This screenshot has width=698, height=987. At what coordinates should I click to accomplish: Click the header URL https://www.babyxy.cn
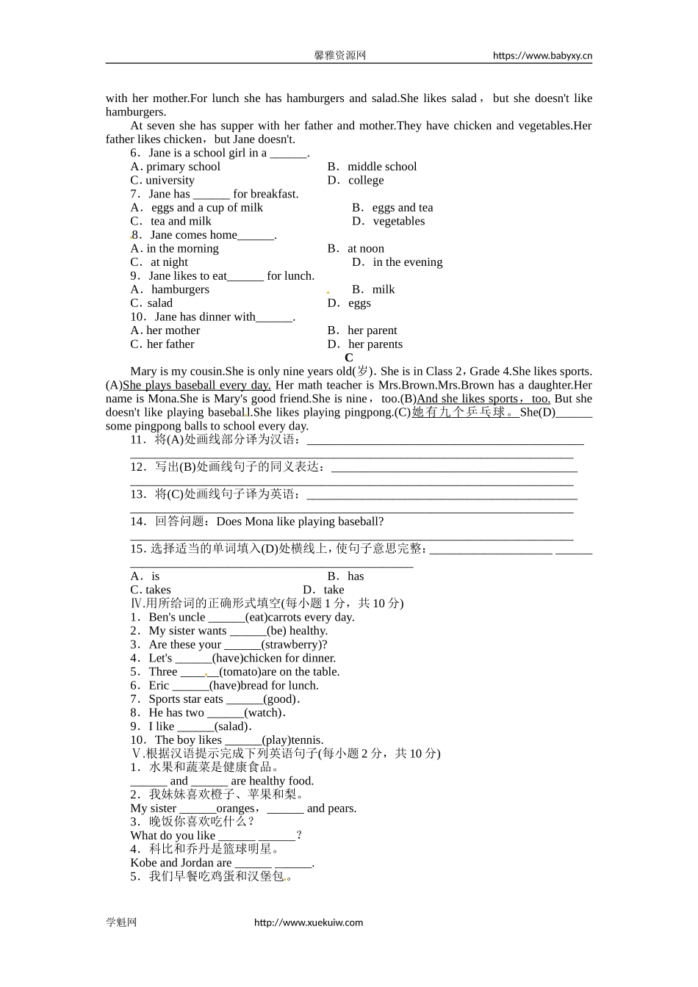[542, 55]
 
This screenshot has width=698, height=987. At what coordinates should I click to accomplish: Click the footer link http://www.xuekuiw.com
[309, 922]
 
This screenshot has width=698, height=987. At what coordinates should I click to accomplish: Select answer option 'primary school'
[183, 167]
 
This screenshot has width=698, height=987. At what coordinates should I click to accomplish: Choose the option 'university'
[170, 180]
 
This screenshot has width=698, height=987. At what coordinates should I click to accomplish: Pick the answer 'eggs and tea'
[402, 208]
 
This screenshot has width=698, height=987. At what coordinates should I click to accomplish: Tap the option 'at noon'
[365, 248]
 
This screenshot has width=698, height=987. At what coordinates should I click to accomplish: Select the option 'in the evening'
[407, 262]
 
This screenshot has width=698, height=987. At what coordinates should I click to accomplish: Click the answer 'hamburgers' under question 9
[180, 289]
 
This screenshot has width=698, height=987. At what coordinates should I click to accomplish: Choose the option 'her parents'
[375, 344]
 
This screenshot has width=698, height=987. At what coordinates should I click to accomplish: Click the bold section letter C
[349, 358]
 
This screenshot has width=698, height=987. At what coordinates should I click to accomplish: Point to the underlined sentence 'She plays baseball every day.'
[197, 385]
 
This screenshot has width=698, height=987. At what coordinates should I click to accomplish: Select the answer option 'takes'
[158, 590]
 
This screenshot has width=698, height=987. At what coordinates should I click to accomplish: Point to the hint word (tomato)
[240, 671]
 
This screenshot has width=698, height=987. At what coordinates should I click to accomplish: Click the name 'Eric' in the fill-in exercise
[159, 685]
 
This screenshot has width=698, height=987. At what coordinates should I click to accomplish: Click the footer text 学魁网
[121, 922]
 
